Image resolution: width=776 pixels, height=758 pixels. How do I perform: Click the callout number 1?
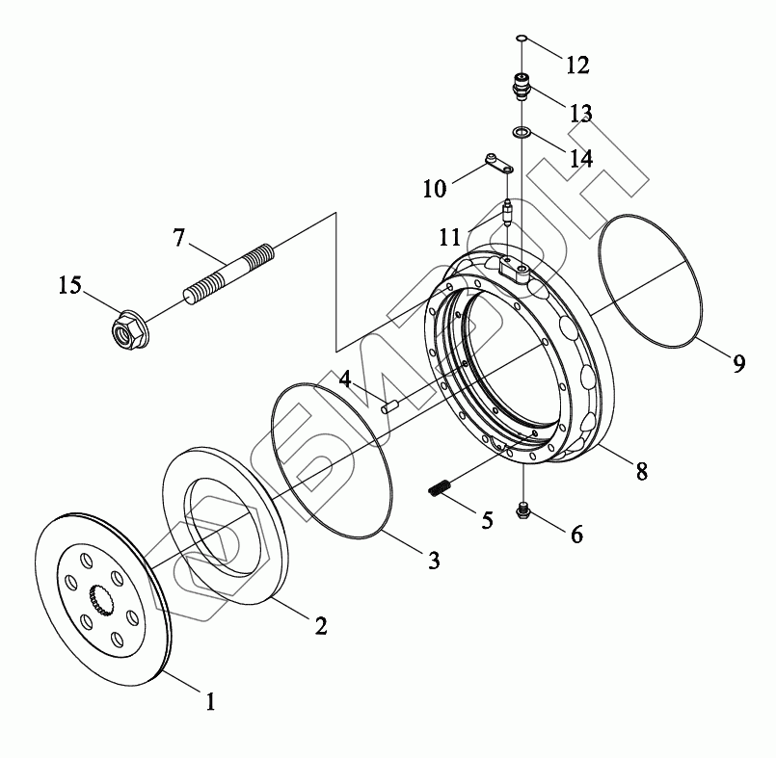pos(208,701)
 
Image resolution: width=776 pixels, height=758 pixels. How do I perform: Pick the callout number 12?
pos(576,65)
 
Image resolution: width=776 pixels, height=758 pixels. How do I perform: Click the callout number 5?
pos(486,520)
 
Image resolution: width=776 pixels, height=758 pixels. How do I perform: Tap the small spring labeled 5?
pos(441,488)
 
